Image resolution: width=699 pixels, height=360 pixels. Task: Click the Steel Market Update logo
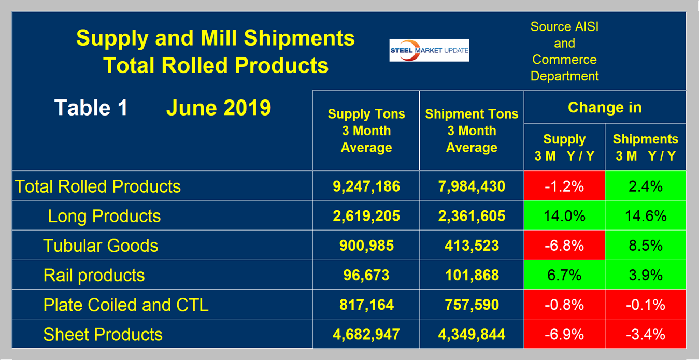point(429,50)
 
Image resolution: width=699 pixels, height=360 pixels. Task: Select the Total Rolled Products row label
point(98,186)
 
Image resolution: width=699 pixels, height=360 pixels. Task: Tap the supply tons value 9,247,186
point(366,186)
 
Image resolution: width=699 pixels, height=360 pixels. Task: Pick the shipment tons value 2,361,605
point(472,216)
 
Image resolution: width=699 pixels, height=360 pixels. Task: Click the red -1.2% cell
point(564,186)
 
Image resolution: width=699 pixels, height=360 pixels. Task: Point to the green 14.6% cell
point(645,216)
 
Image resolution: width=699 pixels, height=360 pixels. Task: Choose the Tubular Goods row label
point(101,246)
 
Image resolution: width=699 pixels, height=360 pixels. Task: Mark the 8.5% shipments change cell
point(645,246)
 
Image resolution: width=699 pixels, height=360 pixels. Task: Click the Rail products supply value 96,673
point(366,275)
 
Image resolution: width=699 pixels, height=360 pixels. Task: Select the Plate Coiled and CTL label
point(126,305)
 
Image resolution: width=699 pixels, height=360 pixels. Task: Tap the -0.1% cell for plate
point(645,305)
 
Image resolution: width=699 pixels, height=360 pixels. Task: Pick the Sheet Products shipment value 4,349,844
point(472,334)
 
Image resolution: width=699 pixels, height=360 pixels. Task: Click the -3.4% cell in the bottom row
point(645,334)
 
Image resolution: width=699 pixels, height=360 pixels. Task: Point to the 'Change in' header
point(605,107)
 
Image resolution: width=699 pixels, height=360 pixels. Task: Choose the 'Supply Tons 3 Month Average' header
point(366,131)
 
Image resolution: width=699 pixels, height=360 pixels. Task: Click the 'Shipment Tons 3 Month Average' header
point(472,131)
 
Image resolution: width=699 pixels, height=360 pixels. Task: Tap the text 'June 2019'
point(218,108)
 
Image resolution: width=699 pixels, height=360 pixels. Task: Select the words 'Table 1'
point(91,108)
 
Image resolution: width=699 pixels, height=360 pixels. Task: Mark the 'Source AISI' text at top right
point(564,27)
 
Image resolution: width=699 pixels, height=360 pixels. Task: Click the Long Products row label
point(104,216)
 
